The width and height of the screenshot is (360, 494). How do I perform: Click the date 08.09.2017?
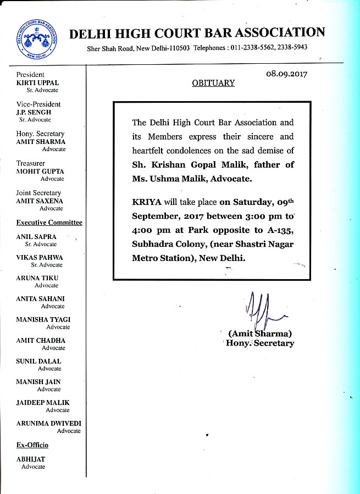pyautogui.click(x=286, y=74)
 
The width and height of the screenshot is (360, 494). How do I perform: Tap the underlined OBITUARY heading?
pyautogui.click(x=213, y=83)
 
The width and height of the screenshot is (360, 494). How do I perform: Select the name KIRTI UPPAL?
pyautogui.click(x=36, y=82)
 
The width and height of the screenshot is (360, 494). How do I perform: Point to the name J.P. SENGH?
pyautogui.click(x=34, y=112)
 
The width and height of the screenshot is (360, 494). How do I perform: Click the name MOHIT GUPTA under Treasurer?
pyautogui.click(x=40, y=171)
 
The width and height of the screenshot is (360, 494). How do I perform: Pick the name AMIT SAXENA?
pyautogui.click(x=39, y=201)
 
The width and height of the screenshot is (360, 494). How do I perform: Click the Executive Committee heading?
pyautogui.click(x=49, y=223)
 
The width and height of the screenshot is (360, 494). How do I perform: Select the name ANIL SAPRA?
pyautogui.click(x=36, y=237)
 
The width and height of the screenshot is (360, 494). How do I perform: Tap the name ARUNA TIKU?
pyautogui.click(x=37, y=279)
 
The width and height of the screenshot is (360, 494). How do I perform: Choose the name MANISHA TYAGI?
pyautogui.click(x=43, y=320)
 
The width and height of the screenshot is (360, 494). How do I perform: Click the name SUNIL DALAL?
pyautogui.click(x=38, y=362)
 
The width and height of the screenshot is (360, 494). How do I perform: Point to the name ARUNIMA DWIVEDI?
pyautogui.click(x=48, y=424)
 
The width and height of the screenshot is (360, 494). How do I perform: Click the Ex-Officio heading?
pyautogui.click(x=32, y=445)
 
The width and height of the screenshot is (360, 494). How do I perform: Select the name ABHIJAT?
pyautogui.click(x=31, y=459)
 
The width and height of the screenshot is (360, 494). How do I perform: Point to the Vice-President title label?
pyautogui.click(x=38, y=104)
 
